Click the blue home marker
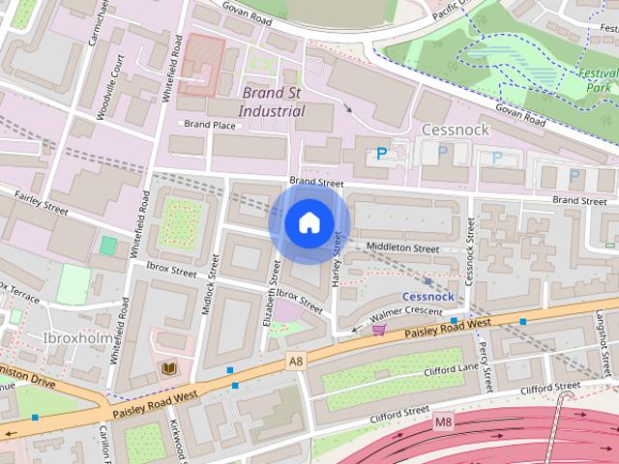(x=309, y=223)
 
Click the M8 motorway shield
(x=444, y=421)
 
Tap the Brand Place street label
(x=210, y=125)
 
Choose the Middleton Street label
(x=404, y=248)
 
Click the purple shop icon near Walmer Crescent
(x=378, y=330)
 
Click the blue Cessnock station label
(x=427, y=296)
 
